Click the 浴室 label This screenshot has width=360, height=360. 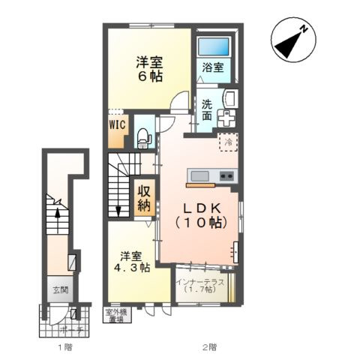tap(213, 67)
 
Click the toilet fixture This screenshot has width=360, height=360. tap(145, 137)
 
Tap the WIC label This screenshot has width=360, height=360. tap(117, 125)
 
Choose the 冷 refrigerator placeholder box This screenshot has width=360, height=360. tap(226, 141)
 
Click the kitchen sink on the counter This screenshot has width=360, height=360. tap(200, 175)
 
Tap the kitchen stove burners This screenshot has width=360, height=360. tap(226, 176)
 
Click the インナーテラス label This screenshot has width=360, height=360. tap(199, 286)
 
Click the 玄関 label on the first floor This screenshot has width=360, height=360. tap(59, 289)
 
